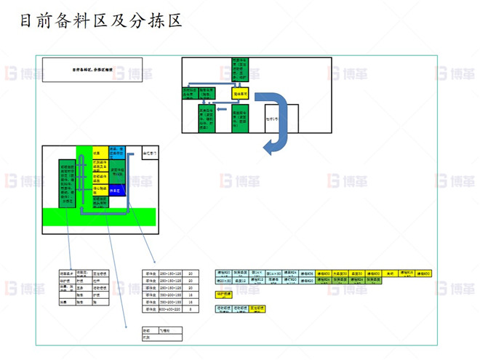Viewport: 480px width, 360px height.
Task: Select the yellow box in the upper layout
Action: point(241,93)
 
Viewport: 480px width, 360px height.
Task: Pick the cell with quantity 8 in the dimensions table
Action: point(191,309)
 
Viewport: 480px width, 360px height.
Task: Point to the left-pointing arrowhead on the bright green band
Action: point(81,212)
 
